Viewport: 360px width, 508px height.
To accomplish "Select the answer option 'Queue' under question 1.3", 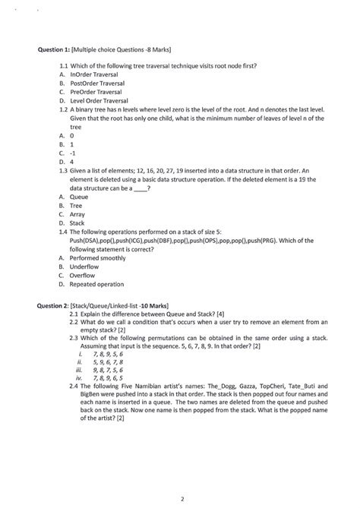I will (79, 197).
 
